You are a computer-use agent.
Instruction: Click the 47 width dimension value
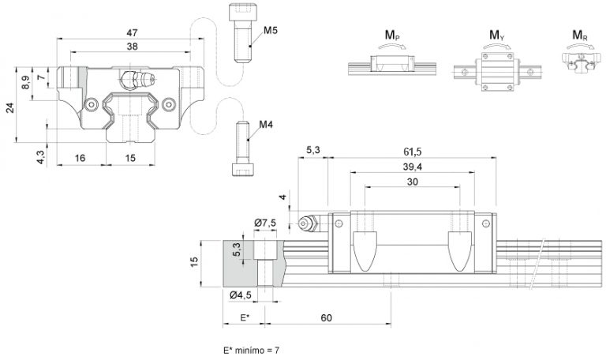(x=133, y=33)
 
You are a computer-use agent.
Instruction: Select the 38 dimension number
(x=133, y=47)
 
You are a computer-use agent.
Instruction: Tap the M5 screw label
(x=271, y=30)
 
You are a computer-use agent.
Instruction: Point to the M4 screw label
(x=266, y=125)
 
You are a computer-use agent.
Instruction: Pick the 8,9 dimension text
(x=25, y=82)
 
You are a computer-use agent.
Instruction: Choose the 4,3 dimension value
(x=41, y=157)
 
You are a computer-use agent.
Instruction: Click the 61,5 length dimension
(x=413, y=152)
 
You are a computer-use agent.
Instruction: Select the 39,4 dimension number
(x=413, y=167)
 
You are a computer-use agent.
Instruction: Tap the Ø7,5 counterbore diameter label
(x=265, y=223)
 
